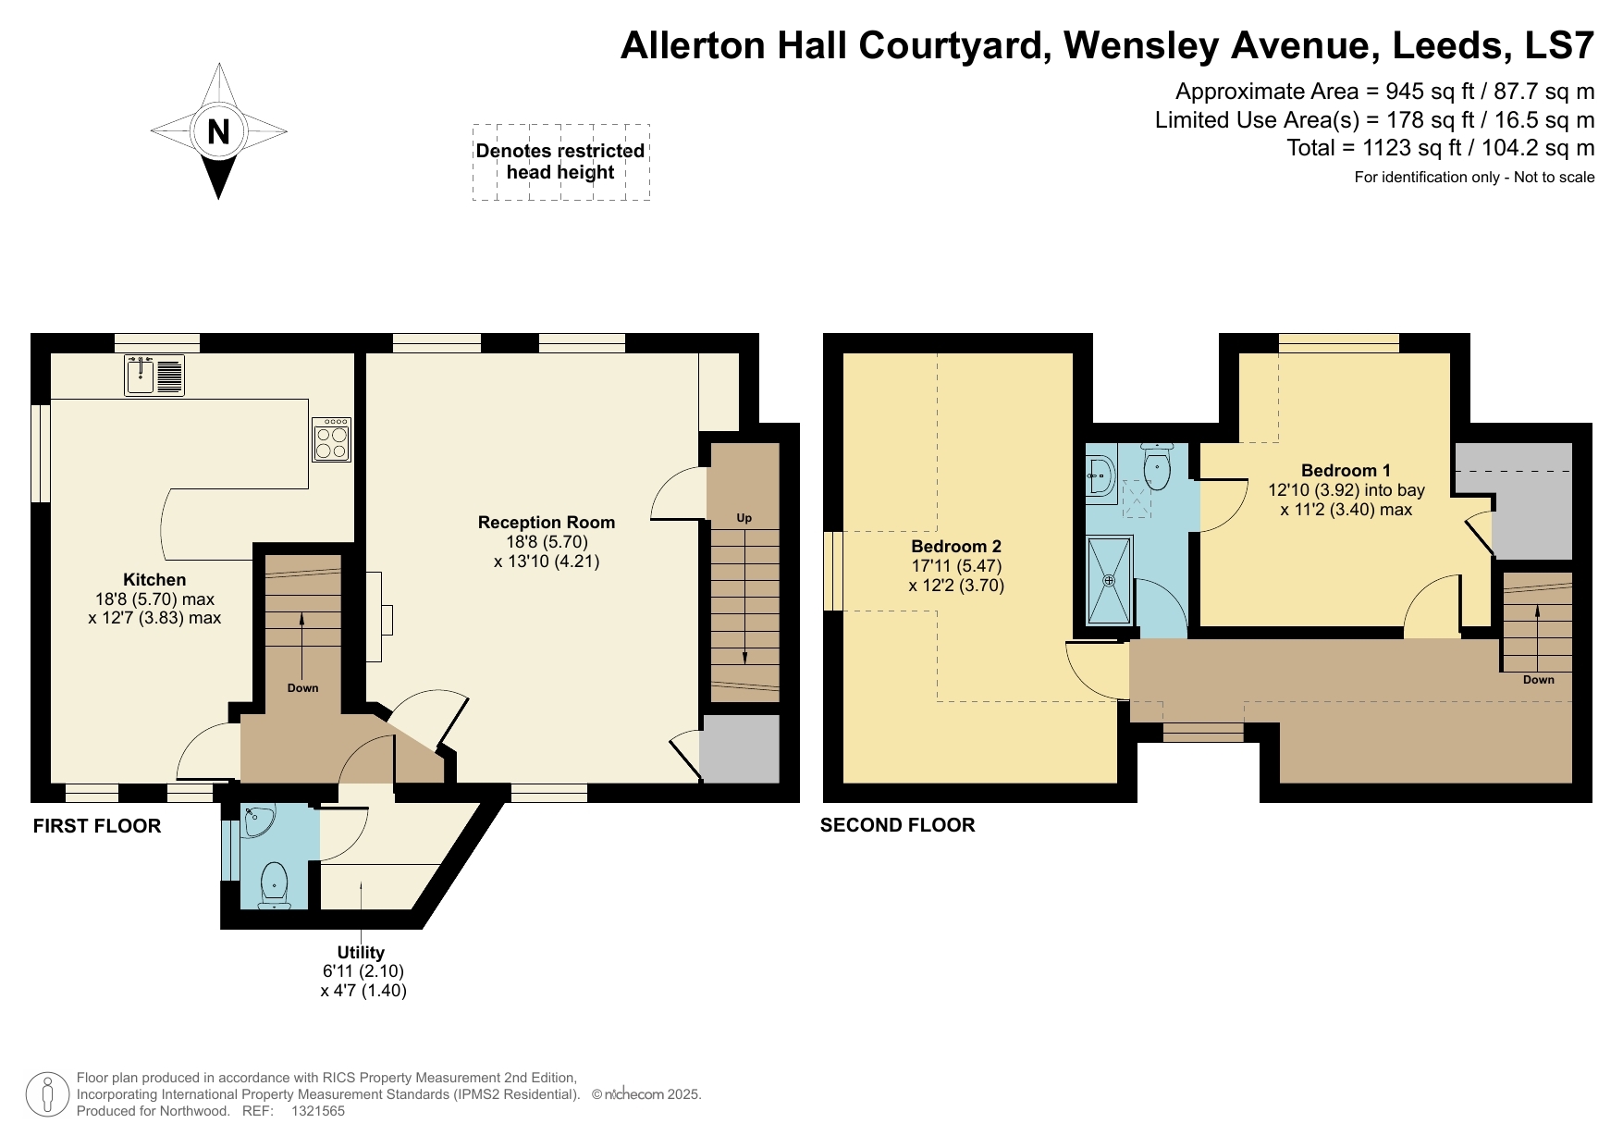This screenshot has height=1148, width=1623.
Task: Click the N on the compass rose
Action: [218, 131]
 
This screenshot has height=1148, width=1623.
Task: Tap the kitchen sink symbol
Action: [141, 375]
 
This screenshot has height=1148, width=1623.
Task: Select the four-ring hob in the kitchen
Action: [332, 440]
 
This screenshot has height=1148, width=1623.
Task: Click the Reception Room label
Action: [546, 523]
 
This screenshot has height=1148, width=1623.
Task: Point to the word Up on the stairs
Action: [744, 518]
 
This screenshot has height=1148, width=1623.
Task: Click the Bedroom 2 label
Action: [956, 547]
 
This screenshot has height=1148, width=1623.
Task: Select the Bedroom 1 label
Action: [1346, 471]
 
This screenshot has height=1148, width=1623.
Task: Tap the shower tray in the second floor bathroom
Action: [1109, 580]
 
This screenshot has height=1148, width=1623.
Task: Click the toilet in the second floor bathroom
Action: [1157, 467]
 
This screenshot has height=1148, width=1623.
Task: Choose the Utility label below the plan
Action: [361, 953]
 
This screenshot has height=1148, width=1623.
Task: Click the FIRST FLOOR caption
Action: [97, 826]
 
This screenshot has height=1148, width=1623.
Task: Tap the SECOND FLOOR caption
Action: [897, 825]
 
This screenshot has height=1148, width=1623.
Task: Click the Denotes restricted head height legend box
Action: [560, 162]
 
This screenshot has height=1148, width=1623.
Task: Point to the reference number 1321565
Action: [318, 1111]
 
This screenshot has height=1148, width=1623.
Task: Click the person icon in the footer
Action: [46, 1094]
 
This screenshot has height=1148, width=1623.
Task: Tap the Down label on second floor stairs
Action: [1538, 680]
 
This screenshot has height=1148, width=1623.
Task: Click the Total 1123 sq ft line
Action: [1440, 148]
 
